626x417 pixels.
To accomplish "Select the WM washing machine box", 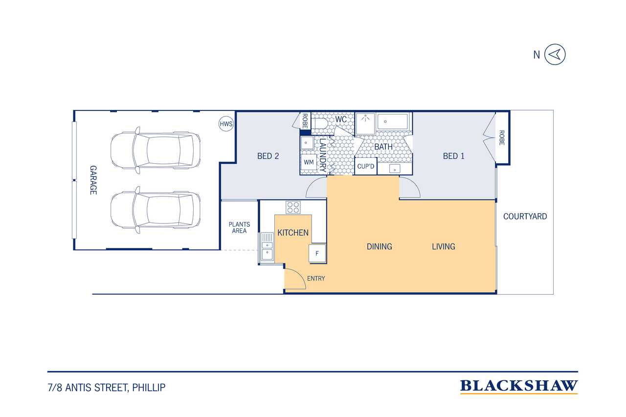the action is pyautogui.click(x=309, y=162).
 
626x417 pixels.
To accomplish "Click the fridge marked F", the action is pyautogui.click(x=317, y=253).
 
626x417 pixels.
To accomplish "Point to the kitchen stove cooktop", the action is pyautogui.click(x=293, y=208).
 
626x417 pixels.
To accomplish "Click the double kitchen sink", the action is pyautogui.click(x=267, y=247).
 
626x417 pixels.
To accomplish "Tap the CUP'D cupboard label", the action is pyautogui.click(x=365, y=167).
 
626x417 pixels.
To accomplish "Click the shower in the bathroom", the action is pyautogui.click(x=365, y=124).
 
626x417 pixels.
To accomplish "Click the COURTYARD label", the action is pyautogui.click(x=525, y=217).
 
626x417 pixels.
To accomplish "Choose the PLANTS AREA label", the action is pyautogui.click(x=239, y=228).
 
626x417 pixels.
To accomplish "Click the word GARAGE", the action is pyautogui.click(x=93, y=180).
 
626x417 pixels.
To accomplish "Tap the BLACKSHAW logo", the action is pyautogui.click(x=519, y=386).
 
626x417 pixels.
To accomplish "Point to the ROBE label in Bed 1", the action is pyautogui.click(x=502, y=138).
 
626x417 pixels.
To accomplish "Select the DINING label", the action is pyautogui.click(x=379, y=246).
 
